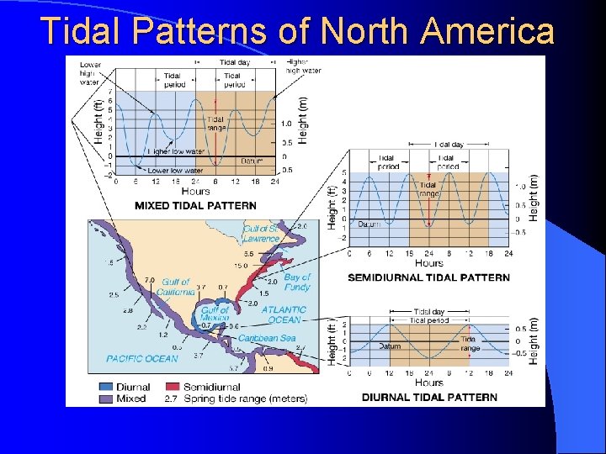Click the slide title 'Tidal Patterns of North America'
point(298,31)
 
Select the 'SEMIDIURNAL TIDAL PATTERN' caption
point(428,277)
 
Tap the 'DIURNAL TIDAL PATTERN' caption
point(429,397)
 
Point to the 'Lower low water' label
point(173,171)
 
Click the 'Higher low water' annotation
point(177,151)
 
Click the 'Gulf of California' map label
point(176,287)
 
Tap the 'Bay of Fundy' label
point(297,282)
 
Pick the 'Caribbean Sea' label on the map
point(267,338)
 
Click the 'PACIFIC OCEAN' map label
point(142,359)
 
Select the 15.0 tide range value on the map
point(241,266)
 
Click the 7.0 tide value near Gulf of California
point(150,279)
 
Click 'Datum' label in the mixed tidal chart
point(252,160)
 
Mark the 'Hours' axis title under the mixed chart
point(195,192)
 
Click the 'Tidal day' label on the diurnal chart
point(429,312)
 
